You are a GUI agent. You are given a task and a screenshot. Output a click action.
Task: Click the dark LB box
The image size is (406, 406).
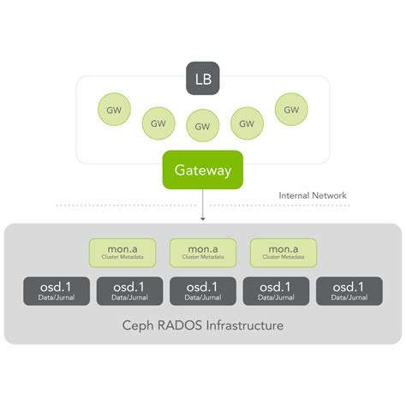coord(203,79)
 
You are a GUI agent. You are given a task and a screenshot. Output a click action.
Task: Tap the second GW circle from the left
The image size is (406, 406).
coord(158,122)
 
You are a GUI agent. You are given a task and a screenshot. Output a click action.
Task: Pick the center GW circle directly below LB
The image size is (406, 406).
coord(203,125)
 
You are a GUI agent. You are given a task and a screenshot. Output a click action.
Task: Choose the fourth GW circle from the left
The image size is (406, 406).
coord(248,122)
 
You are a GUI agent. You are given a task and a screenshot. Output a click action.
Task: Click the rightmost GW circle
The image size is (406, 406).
coord(291,110)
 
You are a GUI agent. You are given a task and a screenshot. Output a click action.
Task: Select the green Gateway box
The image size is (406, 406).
coord(203,170)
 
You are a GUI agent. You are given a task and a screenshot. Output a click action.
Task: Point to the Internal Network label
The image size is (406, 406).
coord(313,195)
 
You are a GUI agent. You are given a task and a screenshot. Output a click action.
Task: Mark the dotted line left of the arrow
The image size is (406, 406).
coord(128,206)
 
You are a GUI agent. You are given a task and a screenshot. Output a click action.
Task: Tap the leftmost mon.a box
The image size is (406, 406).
coord(123,252)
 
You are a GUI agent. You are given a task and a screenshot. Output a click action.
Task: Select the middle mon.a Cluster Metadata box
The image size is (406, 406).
coord(203,252)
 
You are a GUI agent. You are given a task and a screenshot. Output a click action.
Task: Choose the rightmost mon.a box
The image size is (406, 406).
coord(283,252)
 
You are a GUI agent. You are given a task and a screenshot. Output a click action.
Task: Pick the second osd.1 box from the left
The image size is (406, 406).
coord(129,291)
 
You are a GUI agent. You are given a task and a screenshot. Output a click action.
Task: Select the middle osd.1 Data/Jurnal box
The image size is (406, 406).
coord(203,291)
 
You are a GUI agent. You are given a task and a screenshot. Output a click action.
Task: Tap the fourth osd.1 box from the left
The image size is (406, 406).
coord(277,291)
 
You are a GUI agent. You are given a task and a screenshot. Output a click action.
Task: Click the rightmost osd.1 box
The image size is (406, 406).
coord(349,291)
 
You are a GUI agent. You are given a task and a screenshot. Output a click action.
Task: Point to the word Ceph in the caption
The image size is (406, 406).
coord(140,326)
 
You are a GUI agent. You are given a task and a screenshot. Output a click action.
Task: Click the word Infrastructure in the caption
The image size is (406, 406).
coord(242,326)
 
